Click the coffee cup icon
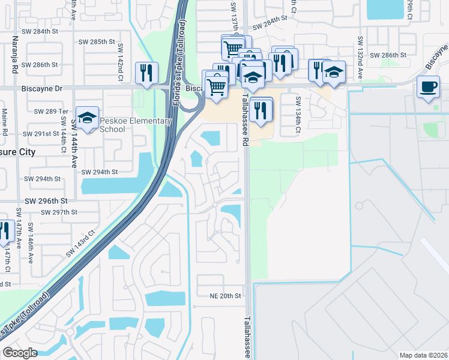point(428,86)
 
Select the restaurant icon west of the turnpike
point(146,73)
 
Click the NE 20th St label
point(225,296)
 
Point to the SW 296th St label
point(46,201)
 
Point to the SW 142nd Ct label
point(120,62)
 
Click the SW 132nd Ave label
point(360,58)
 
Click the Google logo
point(20,353)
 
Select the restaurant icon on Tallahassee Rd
point(260,110)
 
